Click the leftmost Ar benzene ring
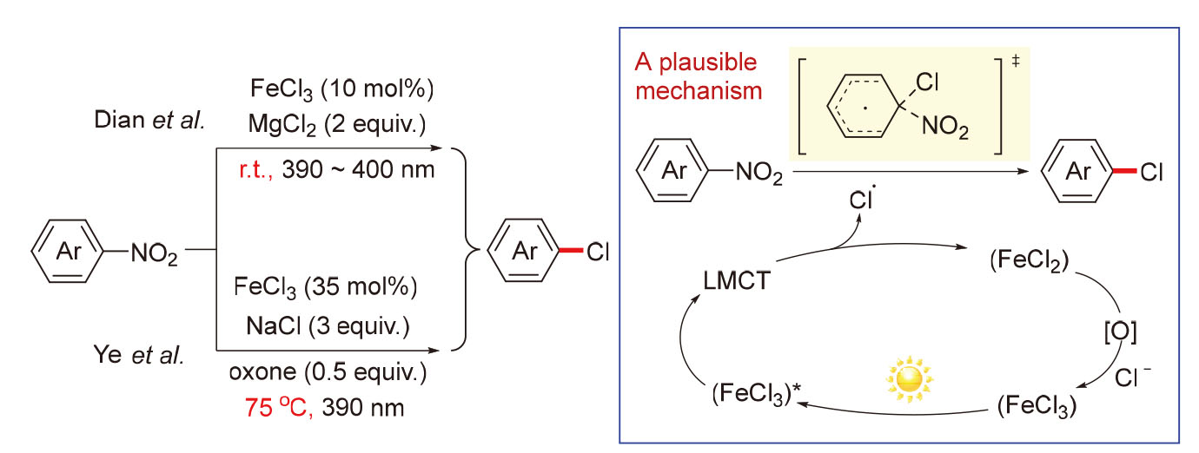[69, 253]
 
